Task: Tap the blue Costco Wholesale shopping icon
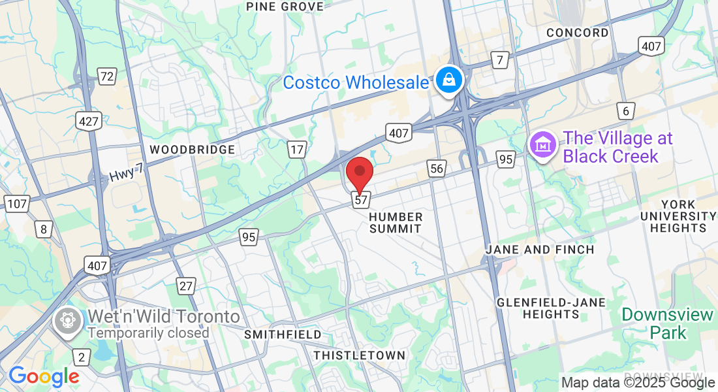[449, 80]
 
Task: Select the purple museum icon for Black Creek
[543, 146]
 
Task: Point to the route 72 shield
[107, 76]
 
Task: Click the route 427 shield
[87, 120]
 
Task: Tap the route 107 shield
[16, 204]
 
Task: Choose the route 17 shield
[297, 150]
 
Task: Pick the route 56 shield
[437, 169]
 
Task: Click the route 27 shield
[186, 286]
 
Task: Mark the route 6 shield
[626, 111]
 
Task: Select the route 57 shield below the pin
[361, 199]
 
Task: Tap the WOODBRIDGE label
[192, 150]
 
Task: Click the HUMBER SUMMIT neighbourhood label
[396, 222]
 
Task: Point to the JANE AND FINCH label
[540, 250]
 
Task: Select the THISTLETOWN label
[359, 355]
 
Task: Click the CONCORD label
[578, 33]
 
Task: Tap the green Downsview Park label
[667, 323]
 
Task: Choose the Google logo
[44, 376]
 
